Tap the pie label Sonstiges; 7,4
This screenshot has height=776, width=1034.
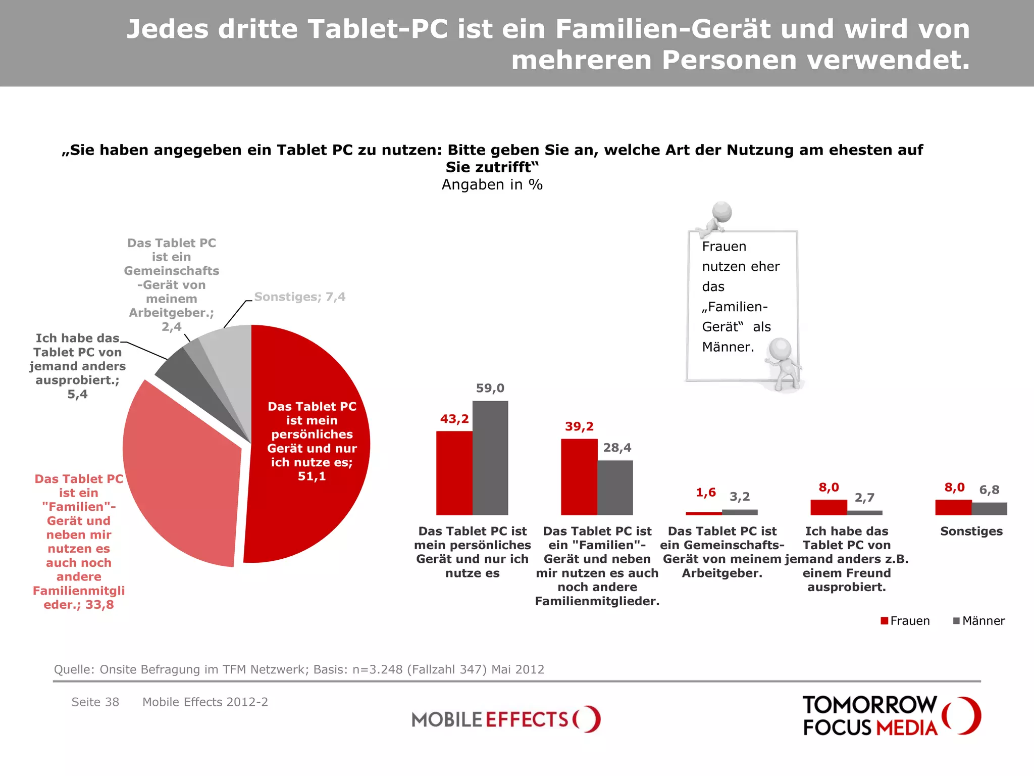coord(299,297)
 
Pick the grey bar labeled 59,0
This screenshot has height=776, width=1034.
coord(490,458)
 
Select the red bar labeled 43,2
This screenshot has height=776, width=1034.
coord(454,473)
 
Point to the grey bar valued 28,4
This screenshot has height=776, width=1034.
coord(614,488)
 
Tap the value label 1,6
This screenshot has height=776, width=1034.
coord(705,493)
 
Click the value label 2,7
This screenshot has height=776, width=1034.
coord(864,498)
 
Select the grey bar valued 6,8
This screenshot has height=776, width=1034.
coord(989,508)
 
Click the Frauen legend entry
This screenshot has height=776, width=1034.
coord(905,621)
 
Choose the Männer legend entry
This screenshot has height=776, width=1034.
coord(978,621)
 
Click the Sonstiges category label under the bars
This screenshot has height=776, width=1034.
coord(971,531)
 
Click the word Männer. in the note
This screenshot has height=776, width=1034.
coord(728,347)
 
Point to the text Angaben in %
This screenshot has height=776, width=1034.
coord(492,185)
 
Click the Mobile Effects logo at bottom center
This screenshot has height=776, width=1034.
coord(505,719)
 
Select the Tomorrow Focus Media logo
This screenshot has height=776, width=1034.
coord(891,715)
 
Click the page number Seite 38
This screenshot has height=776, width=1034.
coord(95,702)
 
